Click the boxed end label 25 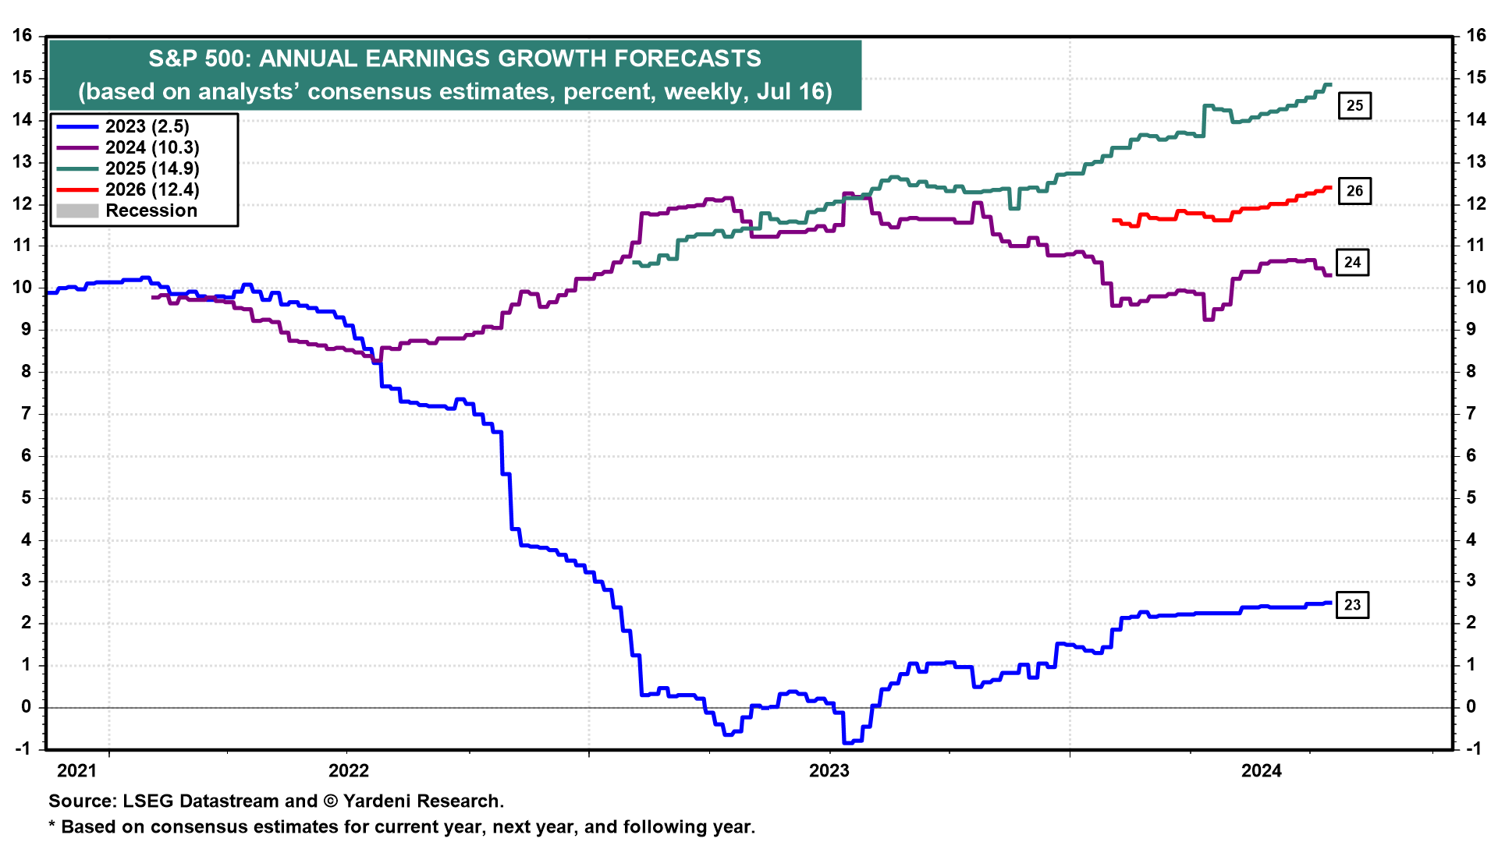(1354, 105)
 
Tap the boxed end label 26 (1354, 190)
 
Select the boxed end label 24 (1352, 263)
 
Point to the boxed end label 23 (1352, 605)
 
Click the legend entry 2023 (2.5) (147, 126)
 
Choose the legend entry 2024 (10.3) (151, 147)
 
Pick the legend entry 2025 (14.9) (151, 168)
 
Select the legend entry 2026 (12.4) (151, 189)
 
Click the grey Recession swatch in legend (77, 210)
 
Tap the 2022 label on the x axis (348, 771)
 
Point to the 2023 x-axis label (829, 771)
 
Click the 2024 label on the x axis (1261, 771)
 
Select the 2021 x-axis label (76, 771)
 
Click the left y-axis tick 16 (22, 36)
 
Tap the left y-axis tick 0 (27, 707)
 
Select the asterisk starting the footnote (52, 826)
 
